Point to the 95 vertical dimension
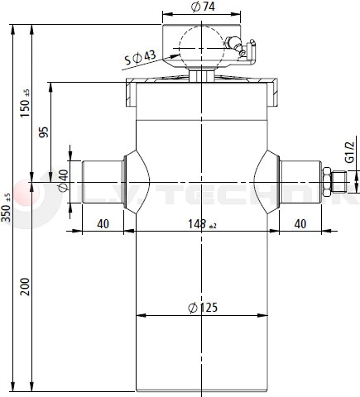point(44,131)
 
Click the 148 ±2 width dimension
point(202,224)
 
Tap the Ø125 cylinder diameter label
point(202,308)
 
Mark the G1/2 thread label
point(349,155)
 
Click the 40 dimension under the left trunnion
point(103,224)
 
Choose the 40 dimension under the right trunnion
point(300,224)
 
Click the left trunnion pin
point(102,181)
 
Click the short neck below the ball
point(199,75)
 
